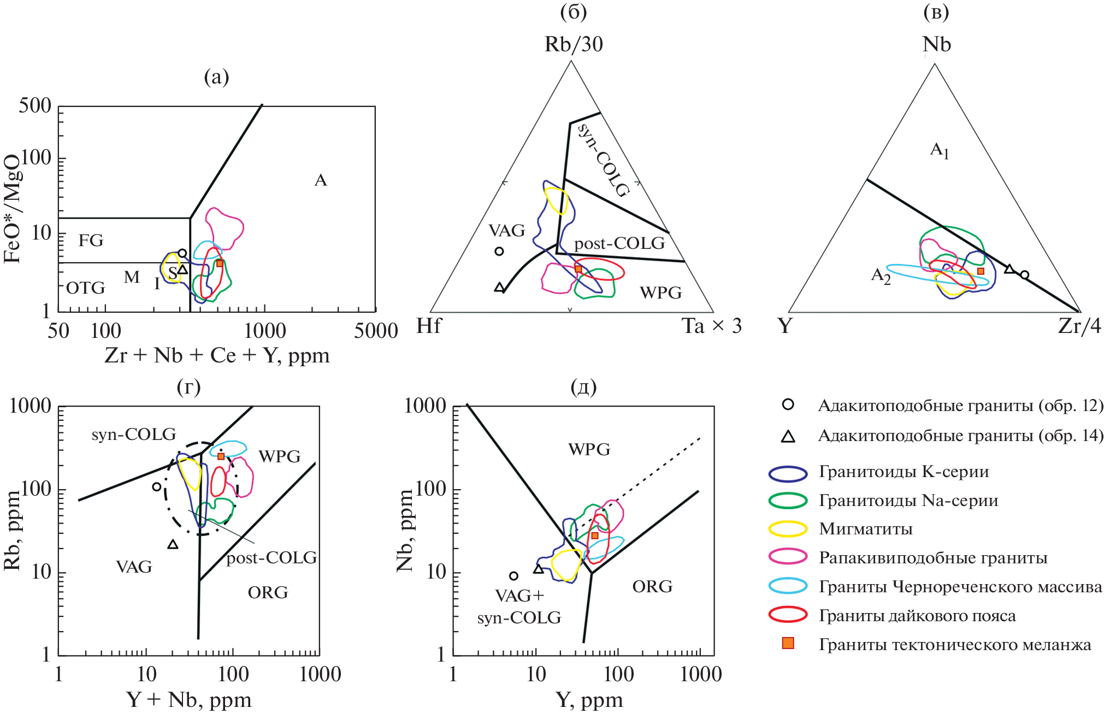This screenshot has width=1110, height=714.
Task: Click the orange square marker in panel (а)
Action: click(x=220, y=263)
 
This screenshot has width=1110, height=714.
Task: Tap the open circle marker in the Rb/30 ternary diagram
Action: click(x=499, y=252)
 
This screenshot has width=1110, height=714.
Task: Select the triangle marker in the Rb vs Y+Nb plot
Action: click(x=173, y=544)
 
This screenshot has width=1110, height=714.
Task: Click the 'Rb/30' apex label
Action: click(x=574, y=45)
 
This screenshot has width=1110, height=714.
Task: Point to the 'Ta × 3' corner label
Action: click(x=712, y=326)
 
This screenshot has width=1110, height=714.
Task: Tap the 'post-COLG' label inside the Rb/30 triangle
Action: click(x=619, y=243)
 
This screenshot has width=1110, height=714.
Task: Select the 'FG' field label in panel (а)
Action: click(x=91, y=240)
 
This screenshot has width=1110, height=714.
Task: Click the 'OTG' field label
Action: click(x=85, y=288)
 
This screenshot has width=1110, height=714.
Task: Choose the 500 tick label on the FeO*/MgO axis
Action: click(x=35, y=105)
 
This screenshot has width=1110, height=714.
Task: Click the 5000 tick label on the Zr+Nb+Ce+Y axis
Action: click(x=376, y=331)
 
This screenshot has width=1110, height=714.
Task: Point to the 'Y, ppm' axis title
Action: click(x=589, y=700)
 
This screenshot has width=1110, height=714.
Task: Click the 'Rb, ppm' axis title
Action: click(x=12, y=530)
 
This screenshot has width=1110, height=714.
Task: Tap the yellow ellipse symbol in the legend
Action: click(x=788, y=529)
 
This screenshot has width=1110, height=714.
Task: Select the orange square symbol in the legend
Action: click(x=788, y=644)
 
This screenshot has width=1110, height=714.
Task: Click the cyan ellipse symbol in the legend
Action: click(x=788, y=586)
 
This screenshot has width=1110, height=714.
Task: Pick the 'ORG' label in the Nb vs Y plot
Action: click(x=652, y=587)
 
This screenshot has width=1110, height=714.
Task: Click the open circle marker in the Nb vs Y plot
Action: click(x=513, y=576)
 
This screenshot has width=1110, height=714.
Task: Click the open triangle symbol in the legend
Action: click(x=788, y=436)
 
